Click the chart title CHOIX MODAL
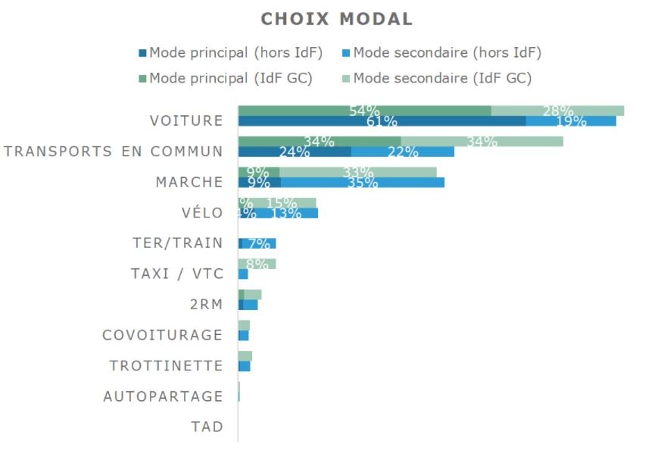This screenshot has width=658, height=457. click(337, 19)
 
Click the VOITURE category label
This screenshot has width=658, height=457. click(186, 121)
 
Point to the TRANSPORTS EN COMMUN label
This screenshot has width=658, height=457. click(114, 151)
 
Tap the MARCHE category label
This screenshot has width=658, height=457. click(189, 182)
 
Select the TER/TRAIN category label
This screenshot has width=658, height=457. click(177, 243)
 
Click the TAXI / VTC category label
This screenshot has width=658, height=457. click(177, 274)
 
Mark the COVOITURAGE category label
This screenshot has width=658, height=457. click(163, 335)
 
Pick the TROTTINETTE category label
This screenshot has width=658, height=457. click(167, 365)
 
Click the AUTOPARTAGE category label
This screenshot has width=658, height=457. click(163, 396)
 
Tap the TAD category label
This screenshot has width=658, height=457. click(207, 427)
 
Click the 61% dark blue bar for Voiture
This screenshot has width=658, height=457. click(382, 121)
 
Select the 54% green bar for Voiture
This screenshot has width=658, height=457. click(364, 111)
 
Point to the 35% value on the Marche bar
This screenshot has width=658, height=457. click(362, 183)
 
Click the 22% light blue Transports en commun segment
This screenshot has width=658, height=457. click(403, 152)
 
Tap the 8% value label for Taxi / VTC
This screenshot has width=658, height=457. click(258, 264)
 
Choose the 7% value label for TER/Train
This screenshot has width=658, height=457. click(259, 244)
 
